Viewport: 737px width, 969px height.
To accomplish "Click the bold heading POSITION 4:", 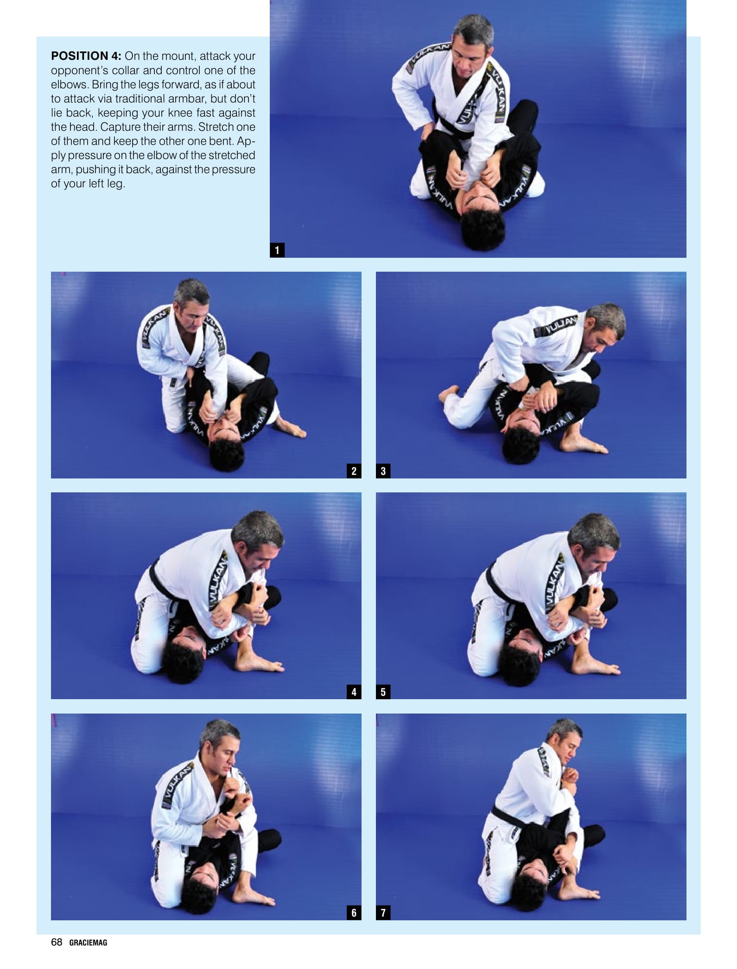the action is pyautogui.click(x=86, y=56).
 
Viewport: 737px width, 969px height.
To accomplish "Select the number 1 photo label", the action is pyautogui.click(x=277, y=250).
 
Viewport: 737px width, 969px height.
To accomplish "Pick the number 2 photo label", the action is pyautogui.click(x=354, y=471).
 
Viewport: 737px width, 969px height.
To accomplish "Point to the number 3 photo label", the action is pyautogui.click(x=383, y=471).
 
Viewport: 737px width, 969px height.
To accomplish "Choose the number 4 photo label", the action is pyautogui.click(x=354, y=692).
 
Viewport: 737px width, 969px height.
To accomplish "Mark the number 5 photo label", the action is pyautogui.click(x=383, y=692).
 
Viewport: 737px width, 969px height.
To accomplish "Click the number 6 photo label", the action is pyautogui.click(x=354, y=913).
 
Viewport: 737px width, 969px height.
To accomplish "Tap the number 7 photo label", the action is pyautogui.click(x=383, y=913).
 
